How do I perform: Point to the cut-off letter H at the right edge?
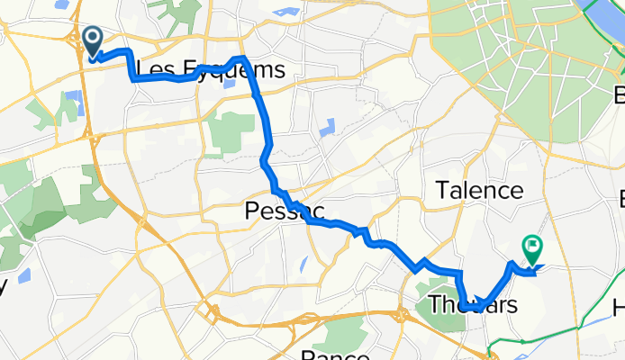point(619,309)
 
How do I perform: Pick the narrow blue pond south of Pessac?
point(303,264)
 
